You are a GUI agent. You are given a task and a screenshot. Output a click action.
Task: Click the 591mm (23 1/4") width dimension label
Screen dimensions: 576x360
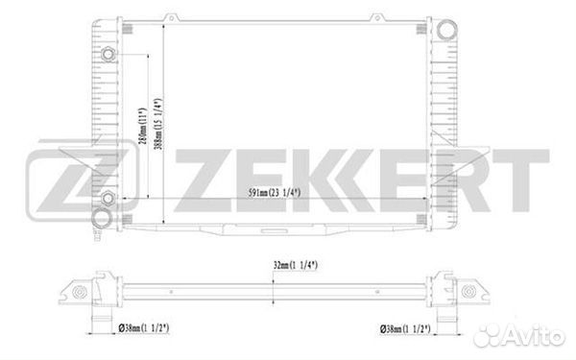[x=274, y=193]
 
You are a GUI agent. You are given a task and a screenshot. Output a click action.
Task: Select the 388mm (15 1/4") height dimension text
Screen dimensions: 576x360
[x=158, y=125]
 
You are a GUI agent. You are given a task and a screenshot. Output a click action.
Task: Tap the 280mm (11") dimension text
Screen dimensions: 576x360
[x=142, y=126]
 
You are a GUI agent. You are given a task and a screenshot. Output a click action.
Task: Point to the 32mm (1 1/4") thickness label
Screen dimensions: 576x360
[x=296, y=265]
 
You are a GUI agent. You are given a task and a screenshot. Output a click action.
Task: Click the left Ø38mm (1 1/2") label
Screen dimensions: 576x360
[x=144, y=327]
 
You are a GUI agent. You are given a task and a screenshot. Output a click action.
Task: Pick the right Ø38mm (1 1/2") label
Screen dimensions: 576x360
[x=405, y=328]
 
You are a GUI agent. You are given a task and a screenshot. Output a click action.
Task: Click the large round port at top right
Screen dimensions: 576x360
[x=446, y=30]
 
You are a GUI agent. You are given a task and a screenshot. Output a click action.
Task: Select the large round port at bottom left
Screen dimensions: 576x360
[x=101, y=218]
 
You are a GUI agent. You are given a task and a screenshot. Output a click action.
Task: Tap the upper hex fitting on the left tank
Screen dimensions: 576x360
[x=108, y=55]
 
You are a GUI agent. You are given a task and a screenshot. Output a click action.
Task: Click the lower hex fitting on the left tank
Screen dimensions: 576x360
[x=108, y=199]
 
